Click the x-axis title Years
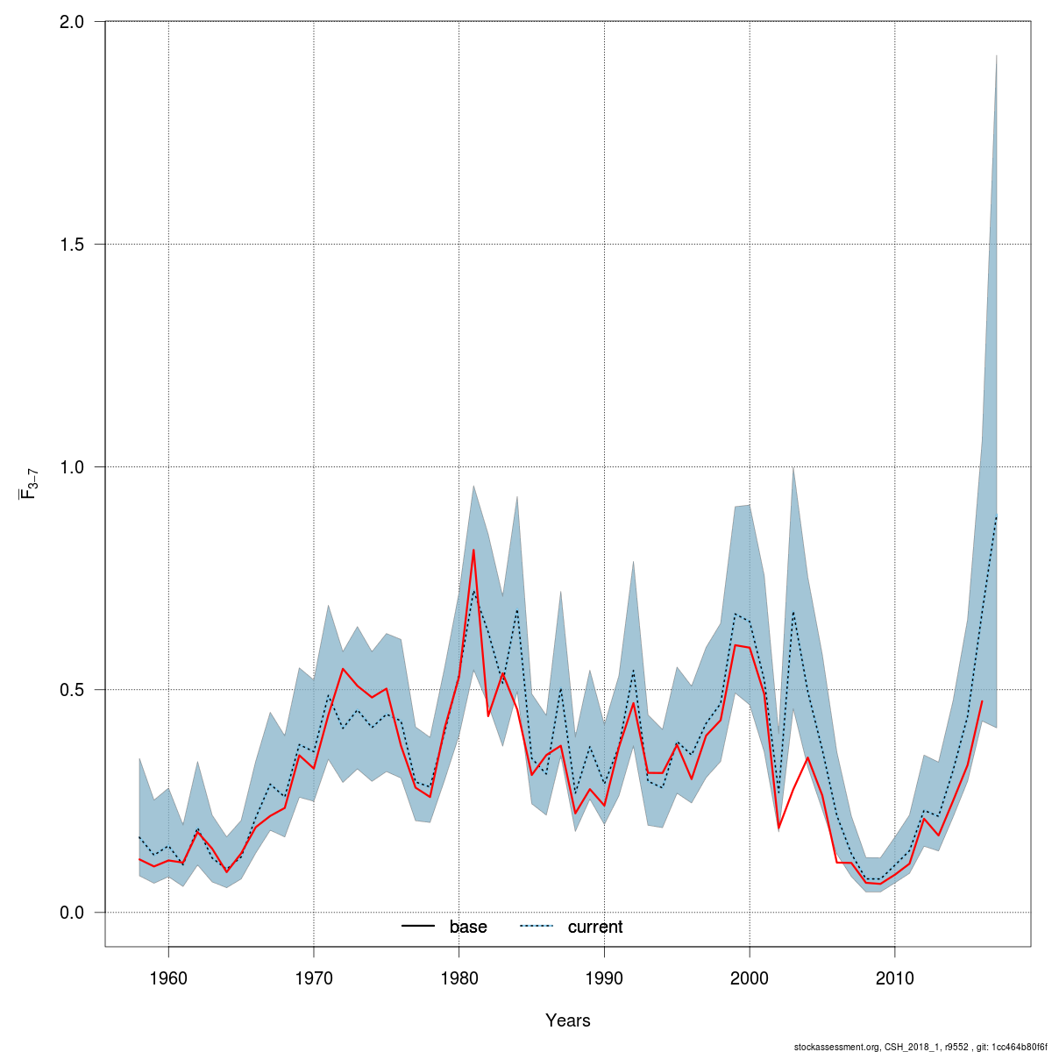568,1020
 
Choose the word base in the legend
468,927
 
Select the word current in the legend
595,927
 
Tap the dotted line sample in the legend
537,927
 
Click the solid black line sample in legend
419,927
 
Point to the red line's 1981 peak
473,550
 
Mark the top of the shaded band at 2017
997,55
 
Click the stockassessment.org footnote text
920,1047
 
